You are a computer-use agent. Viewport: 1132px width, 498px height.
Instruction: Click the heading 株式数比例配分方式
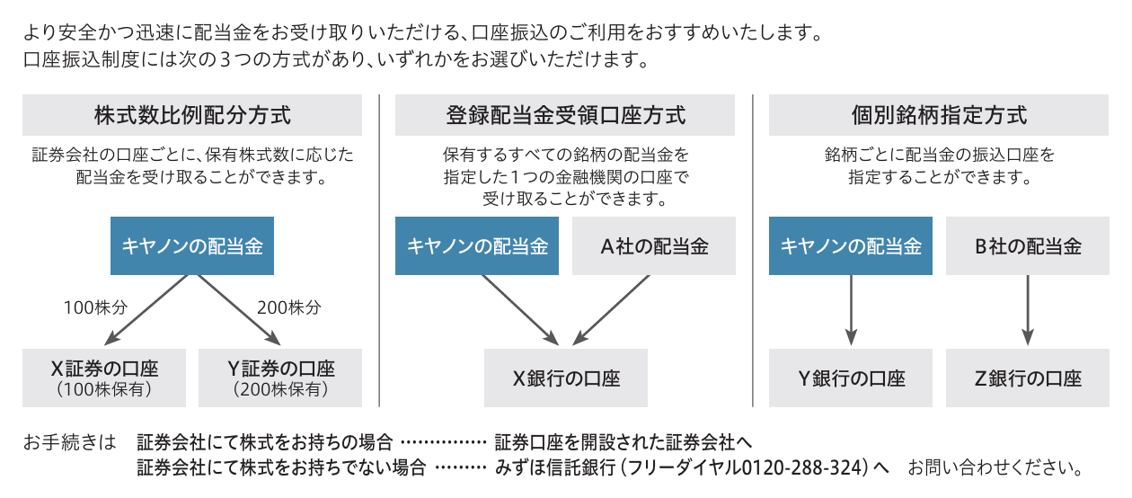(x=192, y=115)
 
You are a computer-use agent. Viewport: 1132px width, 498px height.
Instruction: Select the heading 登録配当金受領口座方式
(x=565, y=115)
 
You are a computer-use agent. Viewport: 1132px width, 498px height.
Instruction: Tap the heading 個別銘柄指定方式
(x=939, y=115)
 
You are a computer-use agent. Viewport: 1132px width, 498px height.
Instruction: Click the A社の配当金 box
(x=654, y=246)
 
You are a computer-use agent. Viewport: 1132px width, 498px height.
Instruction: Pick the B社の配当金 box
(x=1028, y=246)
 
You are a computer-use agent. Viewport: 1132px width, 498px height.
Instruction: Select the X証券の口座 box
(x=104, y=378)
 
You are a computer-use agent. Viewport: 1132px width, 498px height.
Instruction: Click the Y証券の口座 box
(x=280, y=378)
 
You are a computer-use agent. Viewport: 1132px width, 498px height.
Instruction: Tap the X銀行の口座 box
(x=566, y=378)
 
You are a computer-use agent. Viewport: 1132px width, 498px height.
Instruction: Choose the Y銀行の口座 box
(x=851, y=378)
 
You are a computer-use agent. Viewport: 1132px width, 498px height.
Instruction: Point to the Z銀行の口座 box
(x=1028, y=378)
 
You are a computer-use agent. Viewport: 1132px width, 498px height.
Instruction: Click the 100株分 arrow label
(x=95, y=307)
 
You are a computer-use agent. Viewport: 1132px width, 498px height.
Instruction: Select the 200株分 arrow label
(x=289, y=307)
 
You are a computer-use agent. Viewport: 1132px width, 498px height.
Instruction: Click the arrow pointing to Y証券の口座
(x=239, y=310)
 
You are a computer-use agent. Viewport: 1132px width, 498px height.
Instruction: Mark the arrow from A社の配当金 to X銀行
(x=611, y=310)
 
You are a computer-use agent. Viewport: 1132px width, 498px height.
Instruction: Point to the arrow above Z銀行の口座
(x=1028, y=310)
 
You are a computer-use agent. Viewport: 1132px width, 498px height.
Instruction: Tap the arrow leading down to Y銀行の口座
(x=851, y=310)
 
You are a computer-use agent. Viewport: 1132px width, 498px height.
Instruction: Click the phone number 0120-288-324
(x=804, y=467)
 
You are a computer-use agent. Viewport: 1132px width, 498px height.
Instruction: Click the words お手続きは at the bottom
(x=70, y=442)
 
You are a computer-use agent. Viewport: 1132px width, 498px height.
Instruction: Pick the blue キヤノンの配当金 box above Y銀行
(x=851, y=246)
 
